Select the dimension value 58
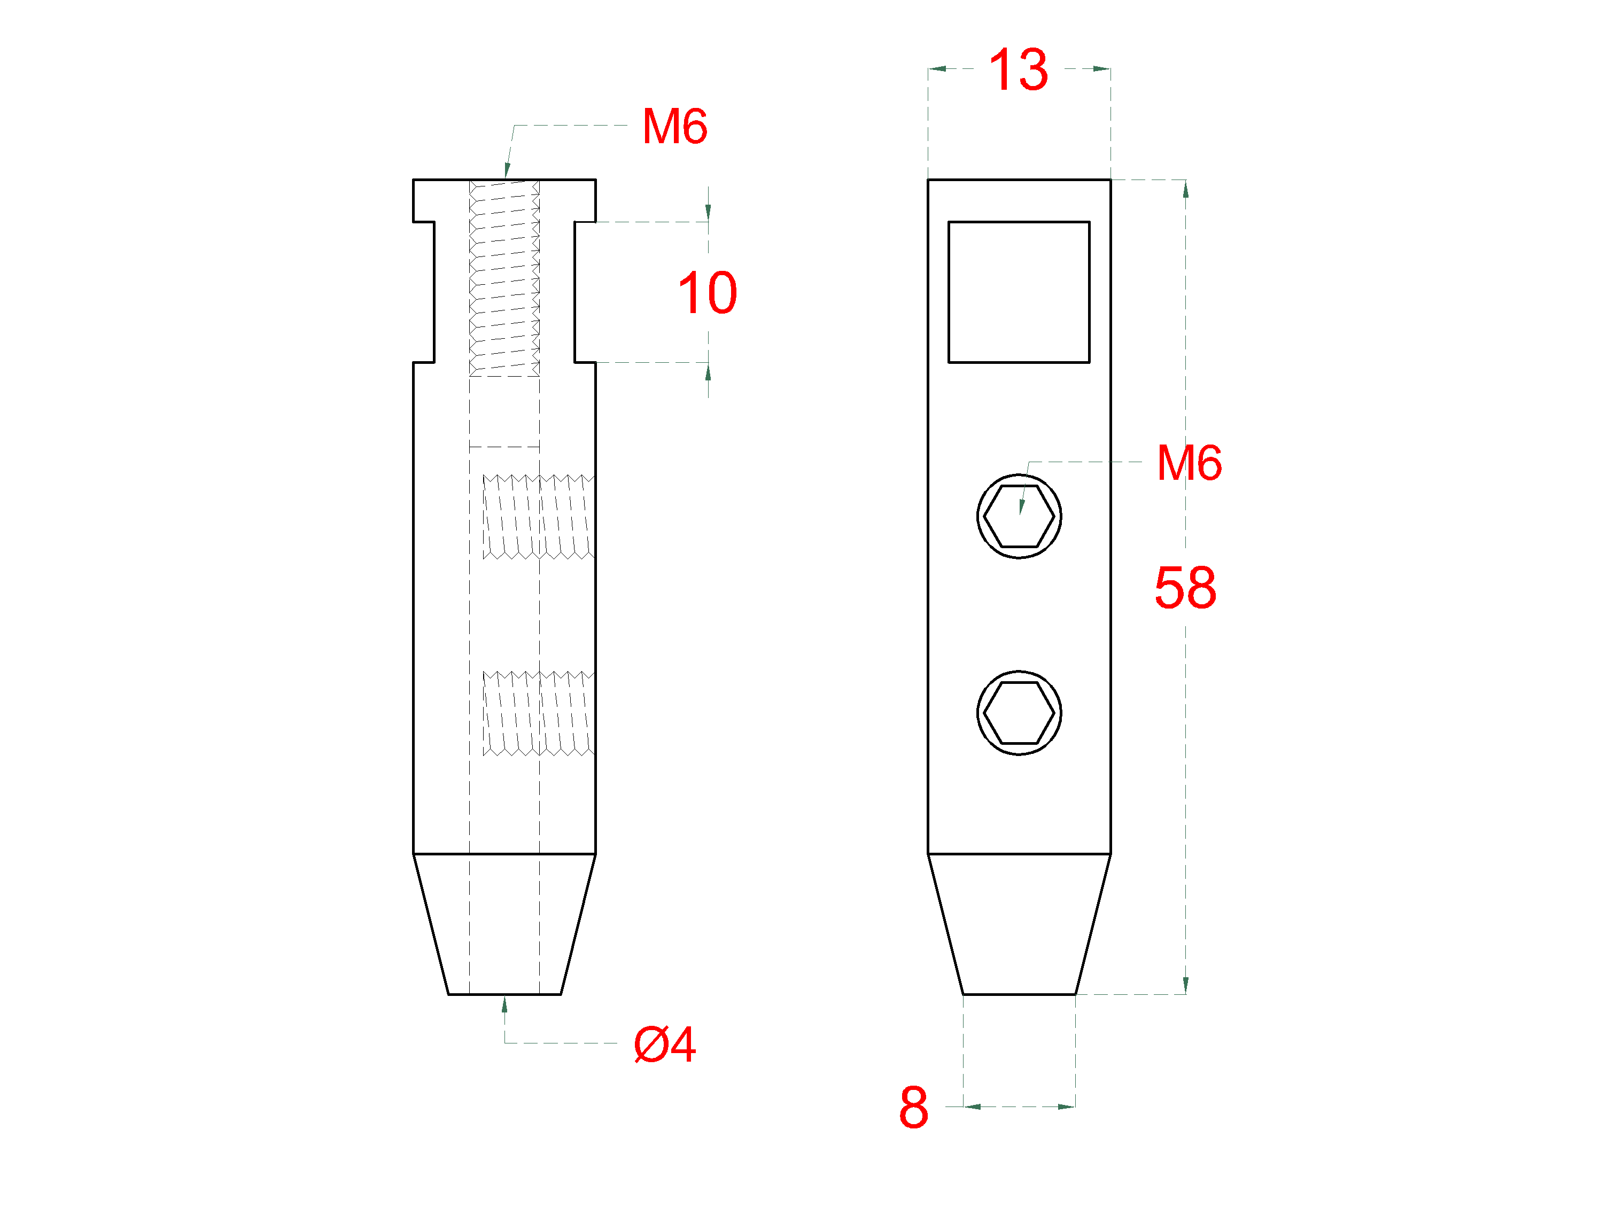click(x=1185, y=588)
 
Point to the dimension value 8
click(x=913, y=1107)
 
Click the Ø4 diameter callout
click(x=665, y=1044)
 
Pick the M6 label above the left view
click(x=674, y=126)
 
